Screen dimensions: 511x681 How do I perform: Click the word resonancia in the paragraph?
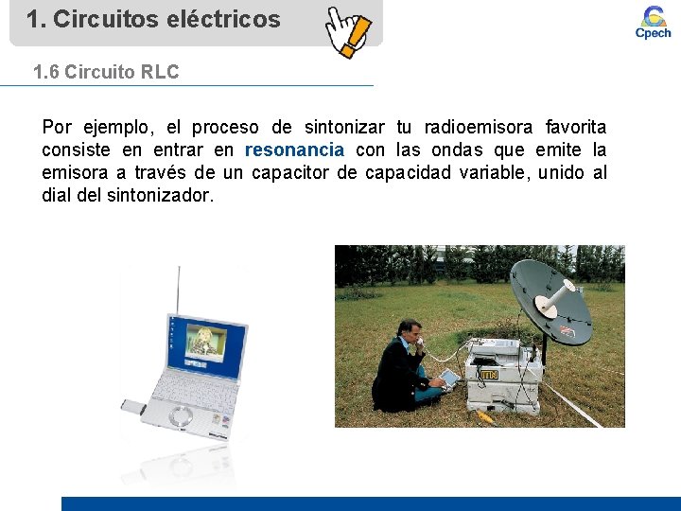pyautogui.click(x=294, y=150)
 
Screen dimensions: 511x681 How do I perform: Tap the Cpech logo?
pyautogui.click(x=653, y=22)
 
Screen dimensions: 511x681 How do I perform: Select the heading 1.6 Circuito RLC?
pyautogui.click(x=105, y=72)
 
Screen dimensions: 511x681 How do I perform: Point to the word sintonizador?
pyautogui.click(x=160, y=195)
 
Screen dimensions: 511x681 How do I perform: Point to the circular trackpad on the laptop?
pyautogui.click(x=181, y=414)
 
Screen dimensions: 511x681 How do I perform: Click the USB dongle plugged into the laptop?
pyautogui.click(x=131, y=407)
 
